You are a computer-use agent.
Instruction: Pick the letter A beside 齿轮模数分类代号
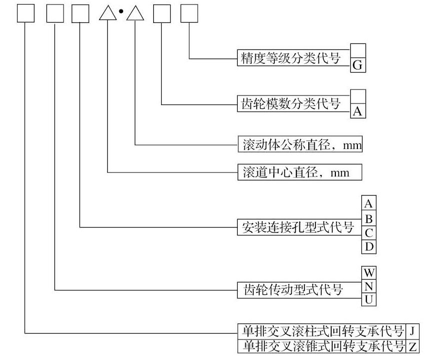[358, 111]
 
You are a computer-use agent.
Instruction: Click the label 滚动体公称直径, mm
[299, 145]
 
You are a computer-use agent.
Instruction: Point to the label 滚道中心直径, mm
[299, 172]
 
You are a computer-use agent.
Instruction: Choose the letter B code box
[368, 218]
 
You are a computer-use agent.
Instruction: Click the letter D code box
[368, 246]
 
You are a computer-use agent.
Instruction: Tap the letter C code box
[368, 232]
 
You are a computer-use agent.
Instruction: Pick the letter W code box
[369, 273]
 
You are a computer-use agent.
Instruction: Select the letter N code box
[369, 286]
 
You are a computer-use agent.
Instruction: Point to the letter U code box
[369, 299]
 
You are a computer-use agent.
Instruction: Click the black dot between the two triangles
[121, 11]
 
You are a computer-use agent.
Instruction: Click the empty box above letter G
[358, 50]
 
